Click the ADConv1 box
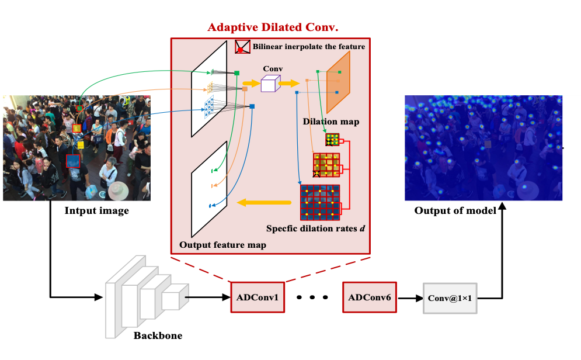[x=258, y=297]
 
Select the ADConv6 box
[x=369, y=297]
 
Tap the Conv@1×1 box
[x=450, y=298]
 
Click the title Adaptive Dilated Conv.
[x=273, y=27]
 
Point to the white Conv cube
[x=268, y=85]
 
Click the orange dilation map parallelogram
[x=338, y=82]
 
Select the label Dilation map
[x=331, y=122]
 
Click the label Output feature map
[x=222, y=245]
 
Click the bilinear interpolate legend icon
[x=242, y=47]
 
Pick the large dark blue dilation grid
[x=320, y=202]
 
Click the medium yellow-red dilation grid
[x=326, y=165]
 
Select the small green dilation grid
[x=332, y=139]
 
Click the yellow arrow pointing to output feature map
[x=263, y=203]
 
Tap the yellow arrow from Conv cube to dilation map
[x=289, y=84]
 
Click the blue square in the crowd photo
[x=72, y=160]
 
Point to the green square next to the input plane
[x=237, y=73]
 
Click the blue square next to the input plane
[x=252, y=106]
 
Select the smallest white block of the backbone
[x=174, y=297]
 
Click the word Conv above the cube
[x=273, y=69]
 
